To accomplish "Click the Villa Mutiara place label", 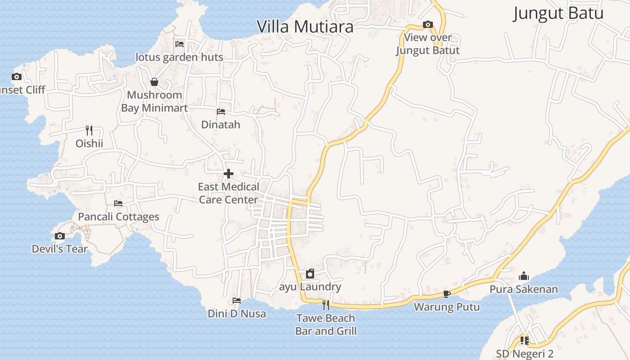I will pyautogui.click(x=305, y=27).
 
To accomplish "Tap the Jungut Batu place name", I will pyautogui.click(x=558, y=13).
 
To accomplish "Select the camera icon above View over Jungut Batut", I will pyautogui.click(x=427, y=24).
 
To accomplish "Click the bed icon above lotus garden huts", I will pyautogui.click(x=180, y=44).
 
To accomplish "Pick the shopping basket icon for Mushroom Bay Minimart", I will pyautogui.click(x=154, y=82).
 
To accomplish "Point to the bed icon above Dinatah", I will pyautogui.click(x=220, y=111).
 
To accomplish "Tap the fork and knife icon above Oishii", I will pyautogui.click(x=89, y=130).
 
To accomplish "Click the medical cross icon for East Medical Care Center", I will pyautogui.click(x=229, y=174).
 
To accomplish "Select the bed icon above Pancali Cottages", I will pyautogui.click(x=118, y=203).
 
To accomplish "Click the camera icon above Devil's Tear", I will pyautogui.click(x=59, y=236).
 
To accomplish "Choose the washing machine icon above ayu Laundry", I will pyautogui.click(x=310, y=274).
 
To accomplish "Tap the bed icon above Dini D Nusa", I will pyautogui.click(x=237, y=301).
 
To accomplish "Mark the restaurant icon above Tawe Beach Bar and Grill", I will pyautogui.click(x=326, y=305).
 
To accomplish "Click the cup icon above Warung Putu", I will pyautogui.click(x=446, y=294).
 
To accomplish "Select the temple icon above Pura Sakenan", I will pyautogui.click(x=524, y=276).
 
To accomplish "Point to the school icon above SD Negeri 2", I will pyautogui.click(x=524, y=341).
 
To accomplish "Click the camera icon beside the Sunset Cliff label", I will pyautogui.click(x=17, y=76).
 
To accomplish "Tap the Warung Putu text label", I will pyautogui.click(x=447, y=307).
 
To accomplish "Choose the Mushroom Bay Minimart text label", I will pyautogui.click(x=154, y=102).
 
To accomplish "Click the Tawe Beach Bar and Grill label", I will pyautogui.click(x=326, y=325).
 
